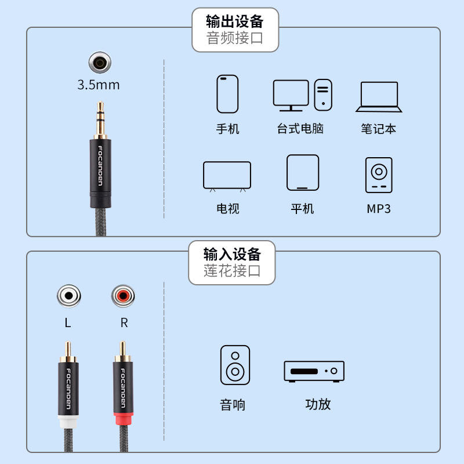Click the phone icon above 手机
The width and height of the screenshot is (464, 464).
click(227, 93)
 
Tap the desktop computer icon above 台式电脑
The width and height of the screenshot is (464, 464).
click(302, 95)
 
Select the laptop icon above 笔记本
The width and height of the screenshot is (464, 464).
click(379, 96)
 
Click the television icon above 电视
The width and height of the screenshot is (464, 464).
click(227, 176)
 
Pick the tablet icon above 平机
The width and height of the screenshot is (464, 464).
click(303, 173)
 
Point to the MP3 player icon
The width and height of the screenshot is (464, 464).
click(379, 175)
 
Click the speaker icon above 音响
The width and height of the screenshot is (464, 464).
click(235, 365)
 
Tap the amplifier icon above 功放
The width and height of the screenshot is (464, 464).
click(314, 371)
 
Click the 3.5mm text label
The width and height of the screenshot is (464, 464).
click(99, 85)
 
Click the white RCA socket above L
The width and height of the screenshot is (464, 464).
click(68, 296)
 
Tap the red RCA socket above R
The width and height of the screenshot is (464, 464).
click(123, 296)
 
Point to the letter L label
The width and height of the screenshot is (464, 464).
click(68, 323)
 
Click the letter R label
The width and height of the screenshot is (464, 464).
click(124, 323)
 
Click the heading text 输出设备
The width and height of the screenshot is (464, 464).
click(235, 22)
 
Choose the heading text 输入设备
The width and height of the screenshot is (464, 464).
click(232, 254)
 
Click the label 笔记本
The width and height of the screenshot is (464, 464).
click(378, 129)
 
